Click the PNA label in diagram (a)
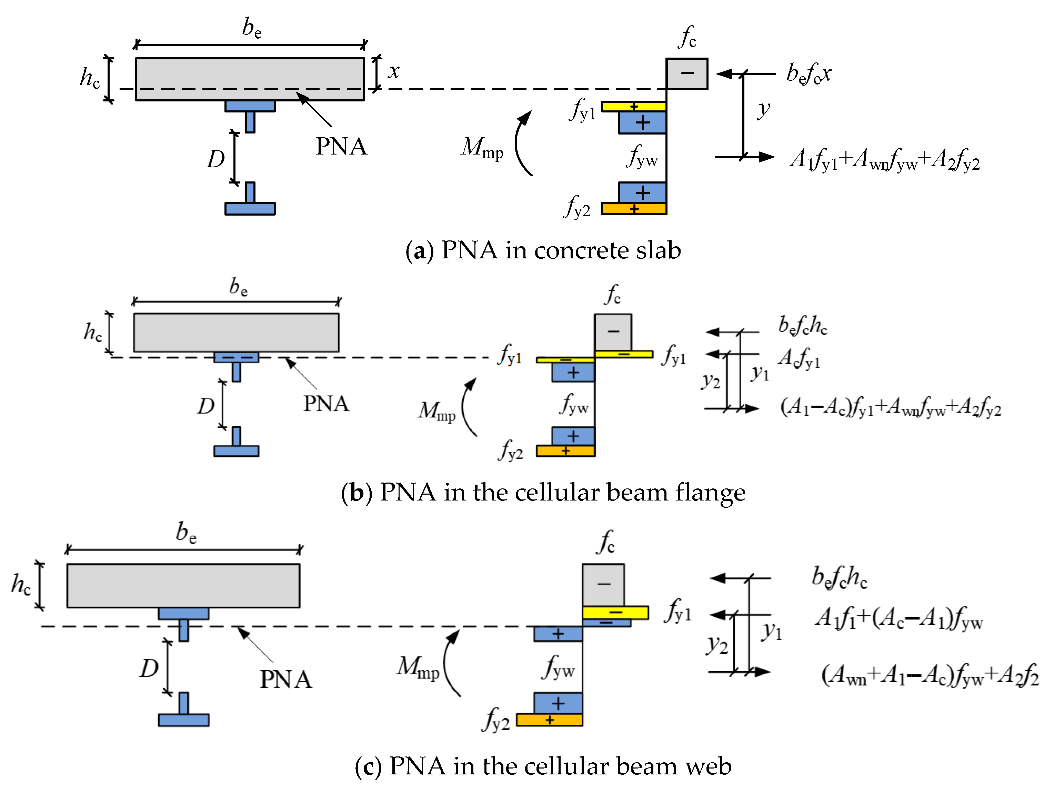point(341,146)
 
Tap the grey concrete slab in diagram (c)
point(183,585)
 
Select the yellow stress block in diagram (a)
point(634,106)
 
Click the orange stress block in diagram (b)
point(565,451)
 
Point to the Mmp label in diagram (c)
point(418,667)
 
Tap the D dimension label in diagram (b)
point(206,406)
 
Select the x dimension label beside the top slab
point(394,71)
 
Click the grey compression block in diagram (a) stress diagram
point(686,73)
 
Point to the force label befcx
point(809,73)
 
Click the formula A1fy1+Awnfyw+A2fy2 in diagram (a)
point(885,159)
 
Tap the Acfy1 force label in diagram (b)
point(799,358)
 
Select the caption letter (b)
point(357,492)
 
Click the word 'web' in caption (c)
point(708,766)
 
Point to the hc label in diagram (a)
point(90,78)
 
